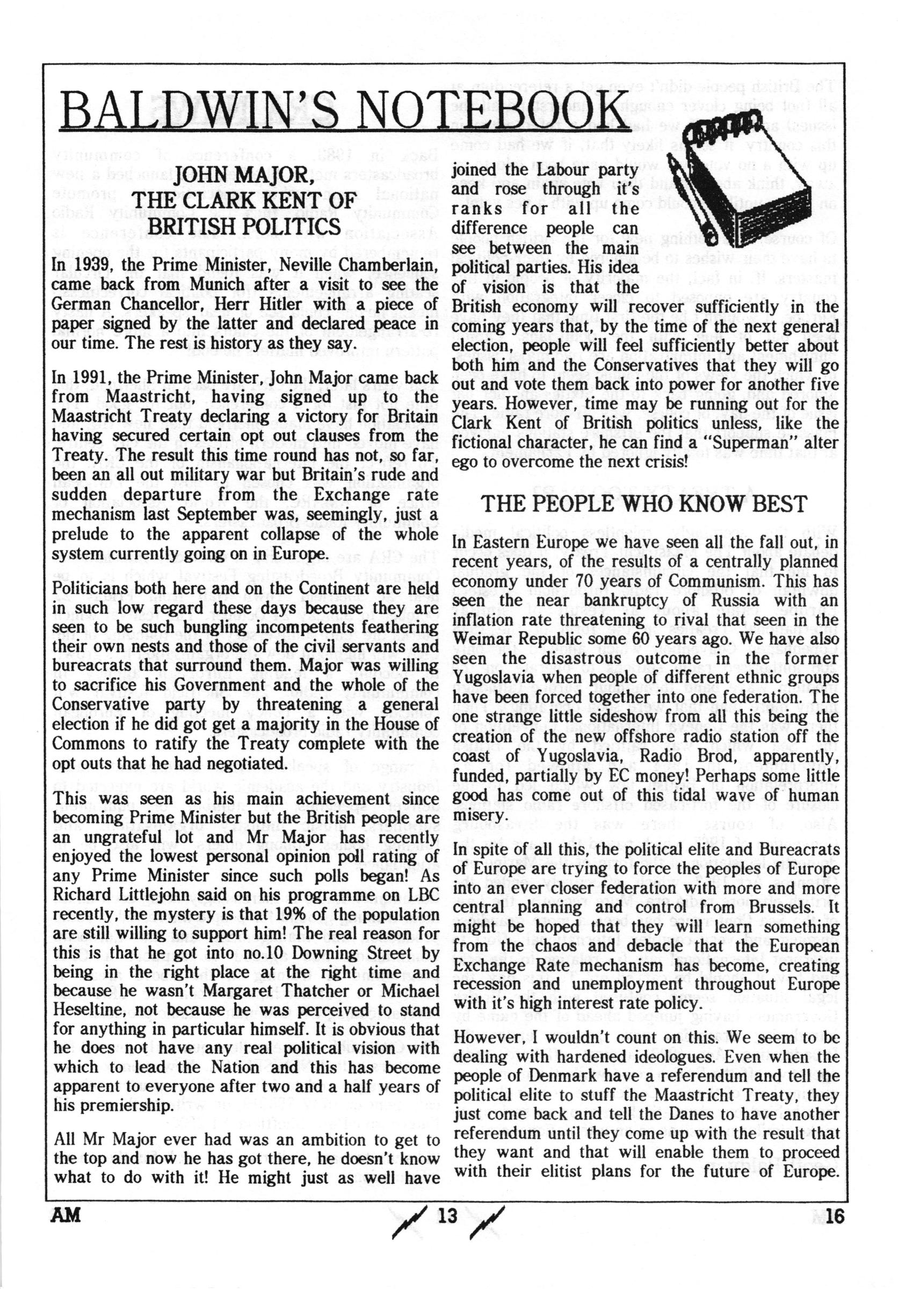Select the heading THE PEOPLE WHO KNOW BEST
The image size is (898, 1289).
point(645,504)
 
